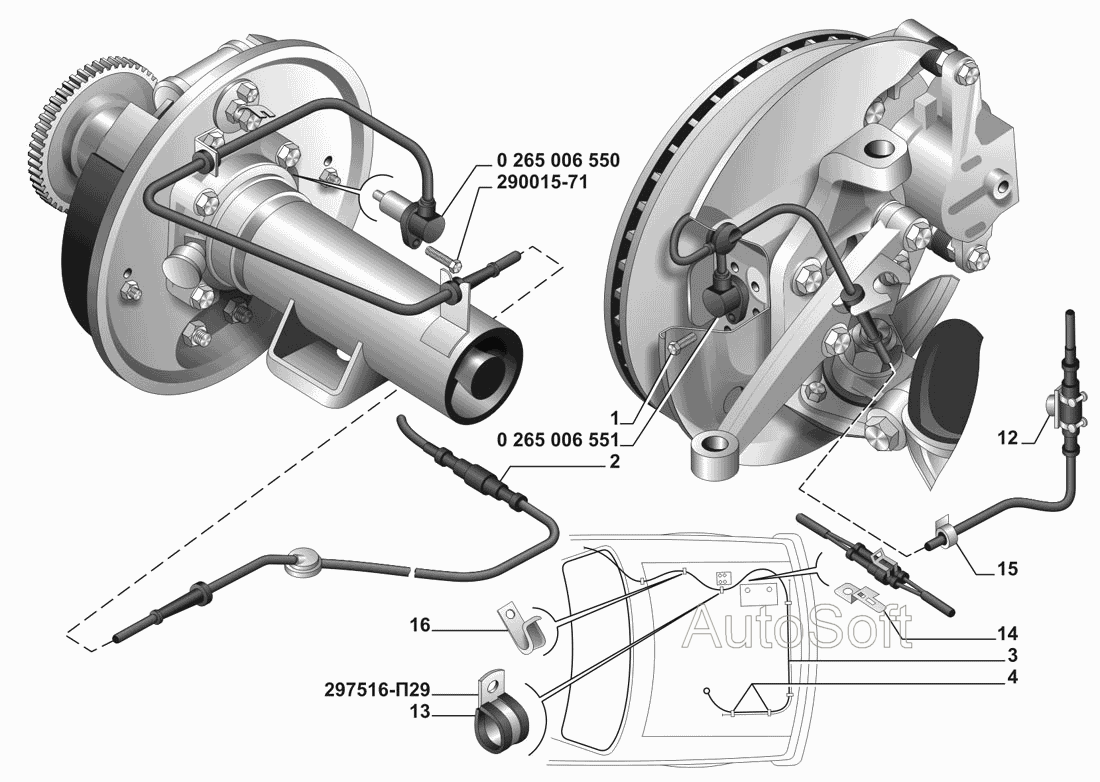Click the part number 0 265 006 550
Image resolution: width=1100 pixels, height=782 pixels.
point(558,161)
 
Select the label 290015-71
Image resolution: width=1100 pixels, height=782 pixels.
point(542,182)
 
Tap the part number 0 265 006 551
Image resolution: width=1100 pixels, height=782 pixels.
point(558,440)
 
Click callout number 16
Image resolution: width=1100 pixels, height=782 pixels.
point(420,624)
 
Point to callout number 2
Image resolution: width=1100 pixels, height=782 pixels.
point(615,462)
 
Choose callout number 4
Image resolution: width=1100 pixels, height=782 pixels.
point(1012,677)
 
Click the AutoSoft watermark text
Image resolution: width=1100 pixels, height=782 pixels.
point(798,626)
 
